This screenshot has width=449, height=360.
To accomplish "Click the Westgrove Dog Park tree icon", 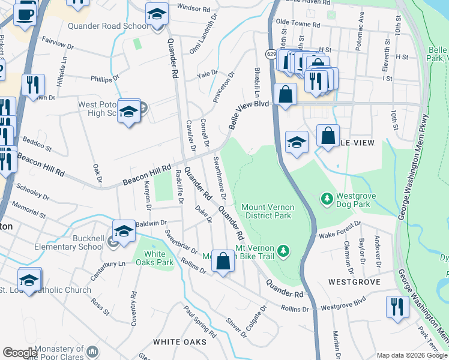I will coord(327,197).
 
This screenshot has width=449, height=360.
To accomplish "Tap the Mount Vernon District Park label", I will coord(266,211).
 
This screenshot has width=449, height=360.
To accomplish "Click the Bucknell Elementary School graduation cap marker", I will coord(124,231).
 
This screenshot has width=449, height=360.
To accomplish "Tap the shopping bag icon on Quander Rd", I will coord(223,261).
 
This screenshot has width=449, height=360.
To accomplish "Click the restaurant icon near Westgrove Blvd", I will coord(396,307).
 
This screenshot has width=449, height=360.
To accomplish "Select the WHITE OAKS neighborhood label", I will coord(179,342).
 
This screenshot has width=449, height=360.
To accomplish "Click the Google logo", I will coord(19,353).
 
